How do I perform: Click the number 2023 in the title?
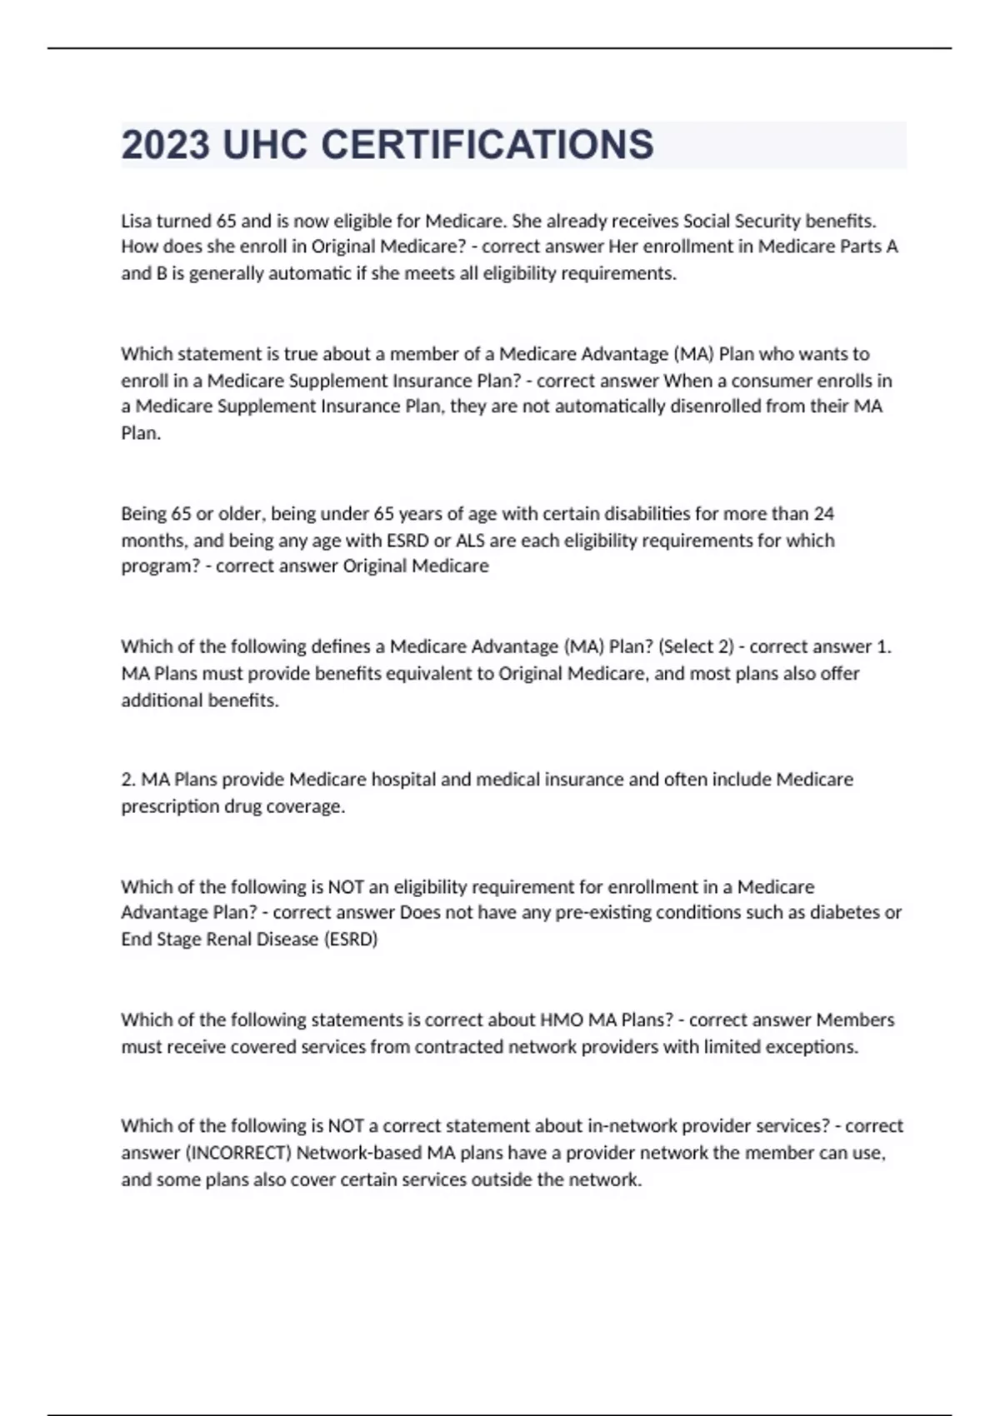pos(165,145)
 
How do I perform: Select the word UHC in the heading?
pos(265,145)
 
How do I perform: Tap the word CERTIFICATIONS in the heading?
pos(487,145)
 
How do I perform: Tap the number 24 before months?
pos(824,513)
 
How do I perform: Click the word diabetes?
pos(846,912)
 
